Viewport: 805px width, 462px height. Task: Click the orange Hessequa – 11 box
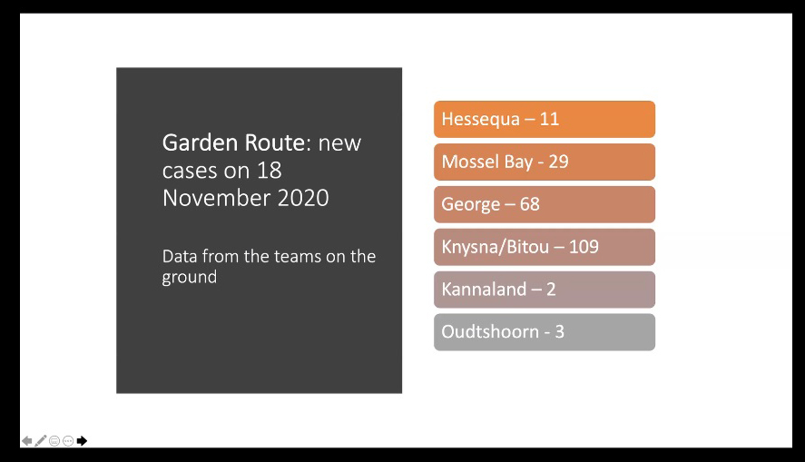[545, 119]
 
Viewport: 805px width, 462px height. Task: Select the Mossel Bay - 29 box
[545, 162]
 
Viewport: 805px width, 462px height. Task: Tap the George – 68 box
[545, 204]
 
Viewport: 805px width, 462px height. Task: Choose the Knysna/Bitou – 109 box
[545, 247]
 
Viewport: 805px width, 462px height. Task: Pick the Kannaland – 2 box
[545, 290]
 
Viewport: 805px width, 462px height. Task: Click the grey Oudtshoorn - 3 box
[545, 332]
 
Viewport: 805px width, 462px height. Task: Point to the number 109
[584, 247]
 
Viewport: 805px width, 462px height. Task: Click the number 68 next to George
[530, 204]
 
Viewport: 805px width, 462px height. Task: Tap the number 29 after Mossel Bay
[558, 162]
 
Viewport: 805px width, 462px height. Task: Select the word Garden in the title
[201, 143]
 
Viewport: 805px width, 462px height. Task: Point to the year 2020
[303, 198]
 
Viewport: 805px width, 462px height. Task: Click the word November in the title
[217, 198]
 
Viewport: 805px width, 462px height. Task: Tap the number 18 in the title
[270, 171]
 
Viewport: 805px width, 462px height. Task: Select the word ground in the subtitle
[190, 278]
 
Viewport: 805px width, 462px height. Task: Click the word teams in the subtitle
[296, 256]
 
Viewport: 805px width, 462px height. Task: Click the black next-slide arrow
[83, 441]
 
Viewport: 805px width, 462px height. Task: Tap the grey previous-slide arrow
[26, 441]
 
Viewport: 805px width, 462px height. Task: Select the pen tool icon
[41, 441]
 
